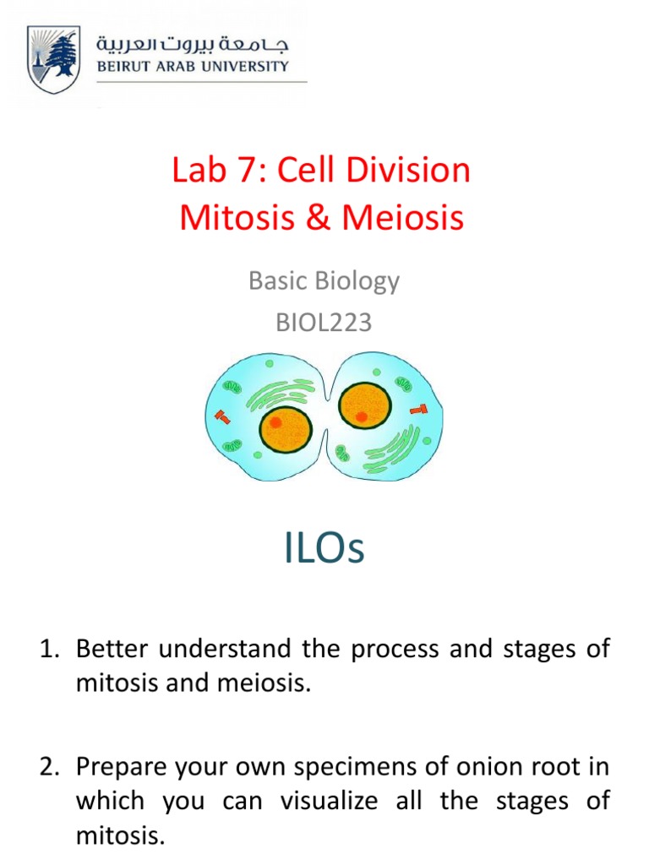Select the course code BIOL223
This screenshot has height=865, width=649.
(x=324, y=322)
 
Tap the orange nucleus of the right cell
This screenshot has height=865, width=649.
(x=365, y=405)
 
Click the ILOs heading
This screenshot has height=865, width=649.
(x=324, y=549)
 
